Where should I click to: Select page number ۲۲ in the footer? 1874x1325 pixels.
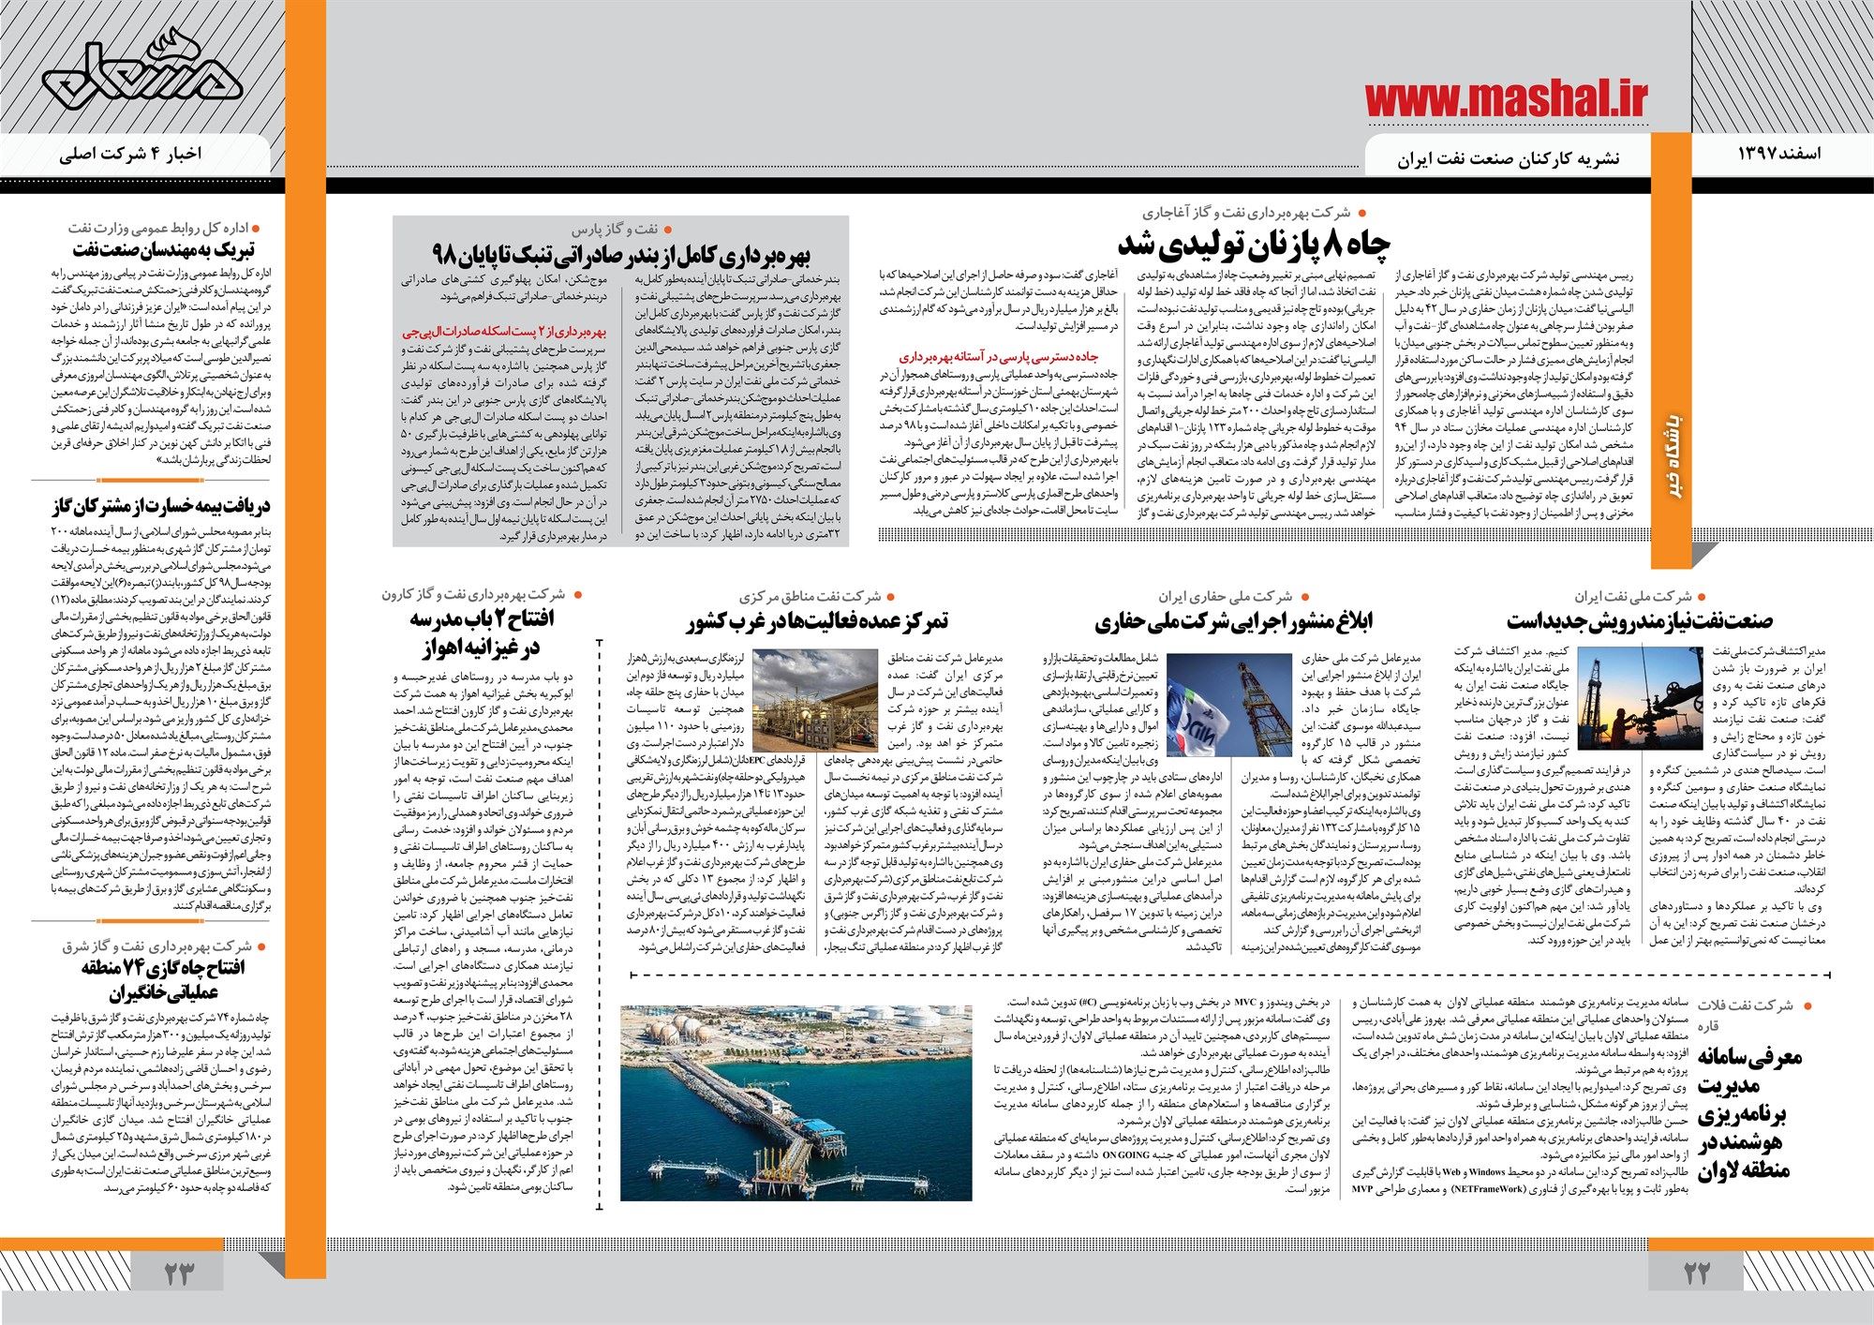tap(1697, 1273)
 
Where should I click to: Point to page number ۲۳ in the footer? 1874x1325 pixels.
tap(177, 1273)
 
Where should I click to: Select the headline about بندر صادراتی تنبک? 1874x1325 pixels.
tap(621, 255)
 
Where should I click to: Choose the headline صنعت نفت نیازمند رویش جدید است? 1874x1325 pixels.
tap(1639, 620)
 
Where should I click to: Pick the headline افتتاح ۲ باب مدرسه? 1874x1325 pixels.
tap(480, 632)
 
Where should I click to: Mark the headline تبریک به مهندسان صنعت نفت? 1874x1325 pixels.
tap(164, 249)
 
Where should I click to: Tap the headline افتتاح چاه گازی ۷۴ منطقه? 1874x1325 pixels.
tap(163, 979)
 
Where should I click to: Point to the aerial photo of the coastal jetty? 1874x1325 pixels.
tap(796, 1102)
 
